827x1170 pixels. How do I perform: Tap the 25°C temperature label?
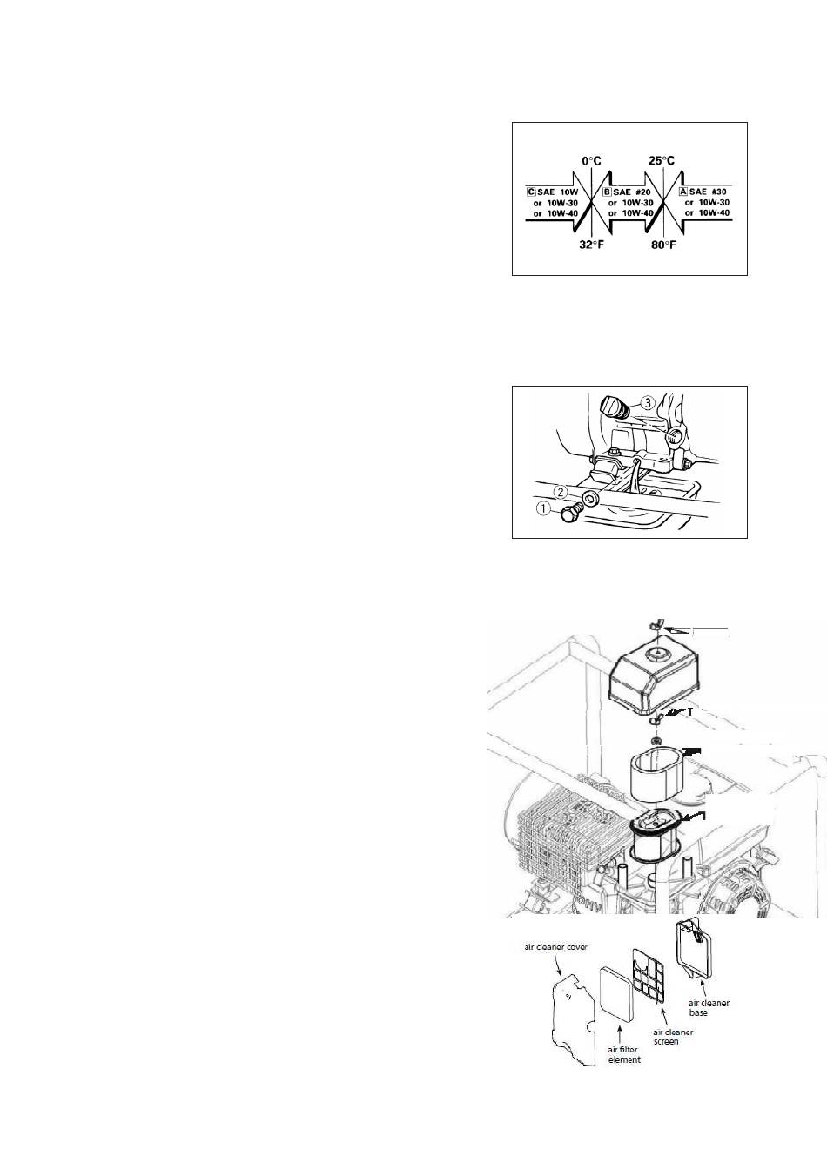click(662, 161)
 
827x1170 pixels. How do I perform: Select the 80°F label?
click(663, 245)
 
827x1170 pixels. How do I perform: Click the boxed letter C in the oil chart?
click(531, 192)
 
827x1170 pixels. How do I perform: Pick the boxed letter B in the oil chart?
click(607, 192)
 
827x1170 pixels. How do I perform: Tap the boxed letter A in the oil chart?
click(682, 192)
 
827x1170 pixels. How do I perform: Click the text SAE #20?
click(632, 192)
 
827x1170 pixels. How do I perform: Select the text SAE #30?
click(708, 192)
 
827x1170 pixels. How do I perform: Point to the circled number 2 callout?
click(560, 492)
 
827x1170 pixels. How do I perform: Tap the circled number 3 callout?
click(647, 403)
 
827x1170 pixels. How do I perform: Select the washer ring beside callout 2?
click(590, 498)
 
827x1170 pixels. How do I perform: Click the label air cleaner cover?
click(555, 947)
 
